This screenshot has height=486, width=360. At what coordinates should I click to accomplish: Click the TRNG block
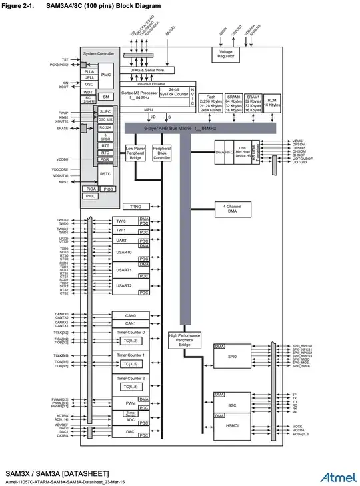135,207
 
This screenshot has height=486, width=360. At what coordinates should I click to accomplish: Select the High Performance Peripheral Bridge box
183,340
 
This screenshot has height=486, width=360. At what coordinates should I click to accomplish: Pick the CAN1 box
130,323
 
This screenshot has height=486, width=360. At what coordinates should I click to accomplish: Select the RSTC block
105,175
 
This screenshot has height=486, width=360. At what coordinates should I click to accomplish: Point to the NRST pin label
64,182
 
